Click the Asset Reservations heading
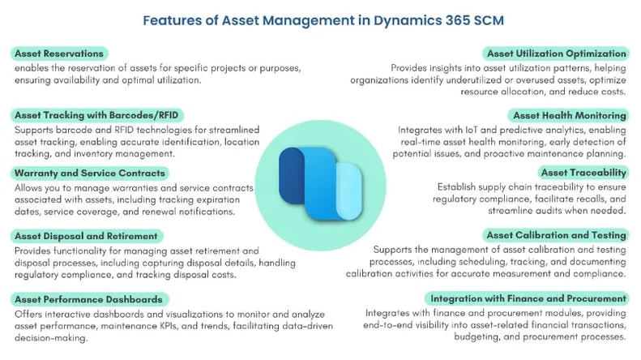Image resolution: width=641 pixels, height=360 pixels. pyautogui.click(x=59, y=54)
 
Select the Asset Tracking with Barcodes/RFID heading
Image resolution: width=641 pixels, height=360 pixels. pyautogui.click(x=96, y=115)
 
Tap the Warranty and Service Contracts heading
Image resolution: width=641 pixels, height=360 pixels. pyautogui.click(x=89, y=173)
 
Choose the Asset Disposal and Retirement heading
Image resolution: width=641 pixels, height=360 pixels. pyautogui.click(x=86, y=236)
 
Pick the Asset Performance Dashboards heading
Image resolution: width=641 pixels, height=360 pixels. pyautogui.click(x=88, y=299)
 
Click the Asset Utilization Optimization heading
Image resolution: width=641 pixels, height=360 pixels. pyautogui.click(x=557, y=54)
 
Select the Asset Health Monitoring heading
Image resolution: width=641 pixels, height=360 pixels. pyautogui.click(x=570, y=116)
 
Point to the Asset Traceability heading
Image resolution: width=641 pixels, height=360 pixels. pyautogui.click(x=583, y=173)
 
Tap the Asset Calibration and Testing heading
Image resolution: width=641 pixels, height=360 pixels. pyautogui.click(x=556, y=235)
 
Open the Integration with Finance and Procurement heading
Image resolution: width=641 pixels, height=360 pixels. pyautogui.click(x=528, y=298)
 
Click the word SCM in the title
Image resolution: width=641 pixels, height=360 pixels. pyautogui.click(x=489, y=20)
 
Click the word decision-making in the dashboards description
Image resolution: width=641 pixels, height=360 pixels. pyautogui.click(x=51, y=338)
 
